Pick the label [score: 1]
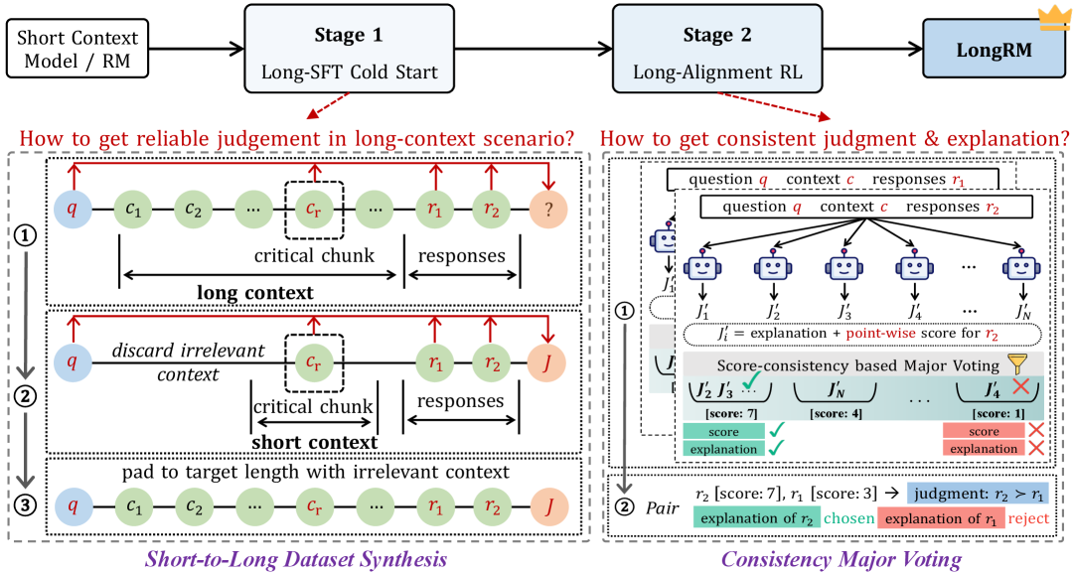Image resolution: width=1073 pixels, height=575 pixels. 984,411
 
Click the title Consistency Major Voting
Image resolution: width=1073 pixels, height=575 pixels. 842,559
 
